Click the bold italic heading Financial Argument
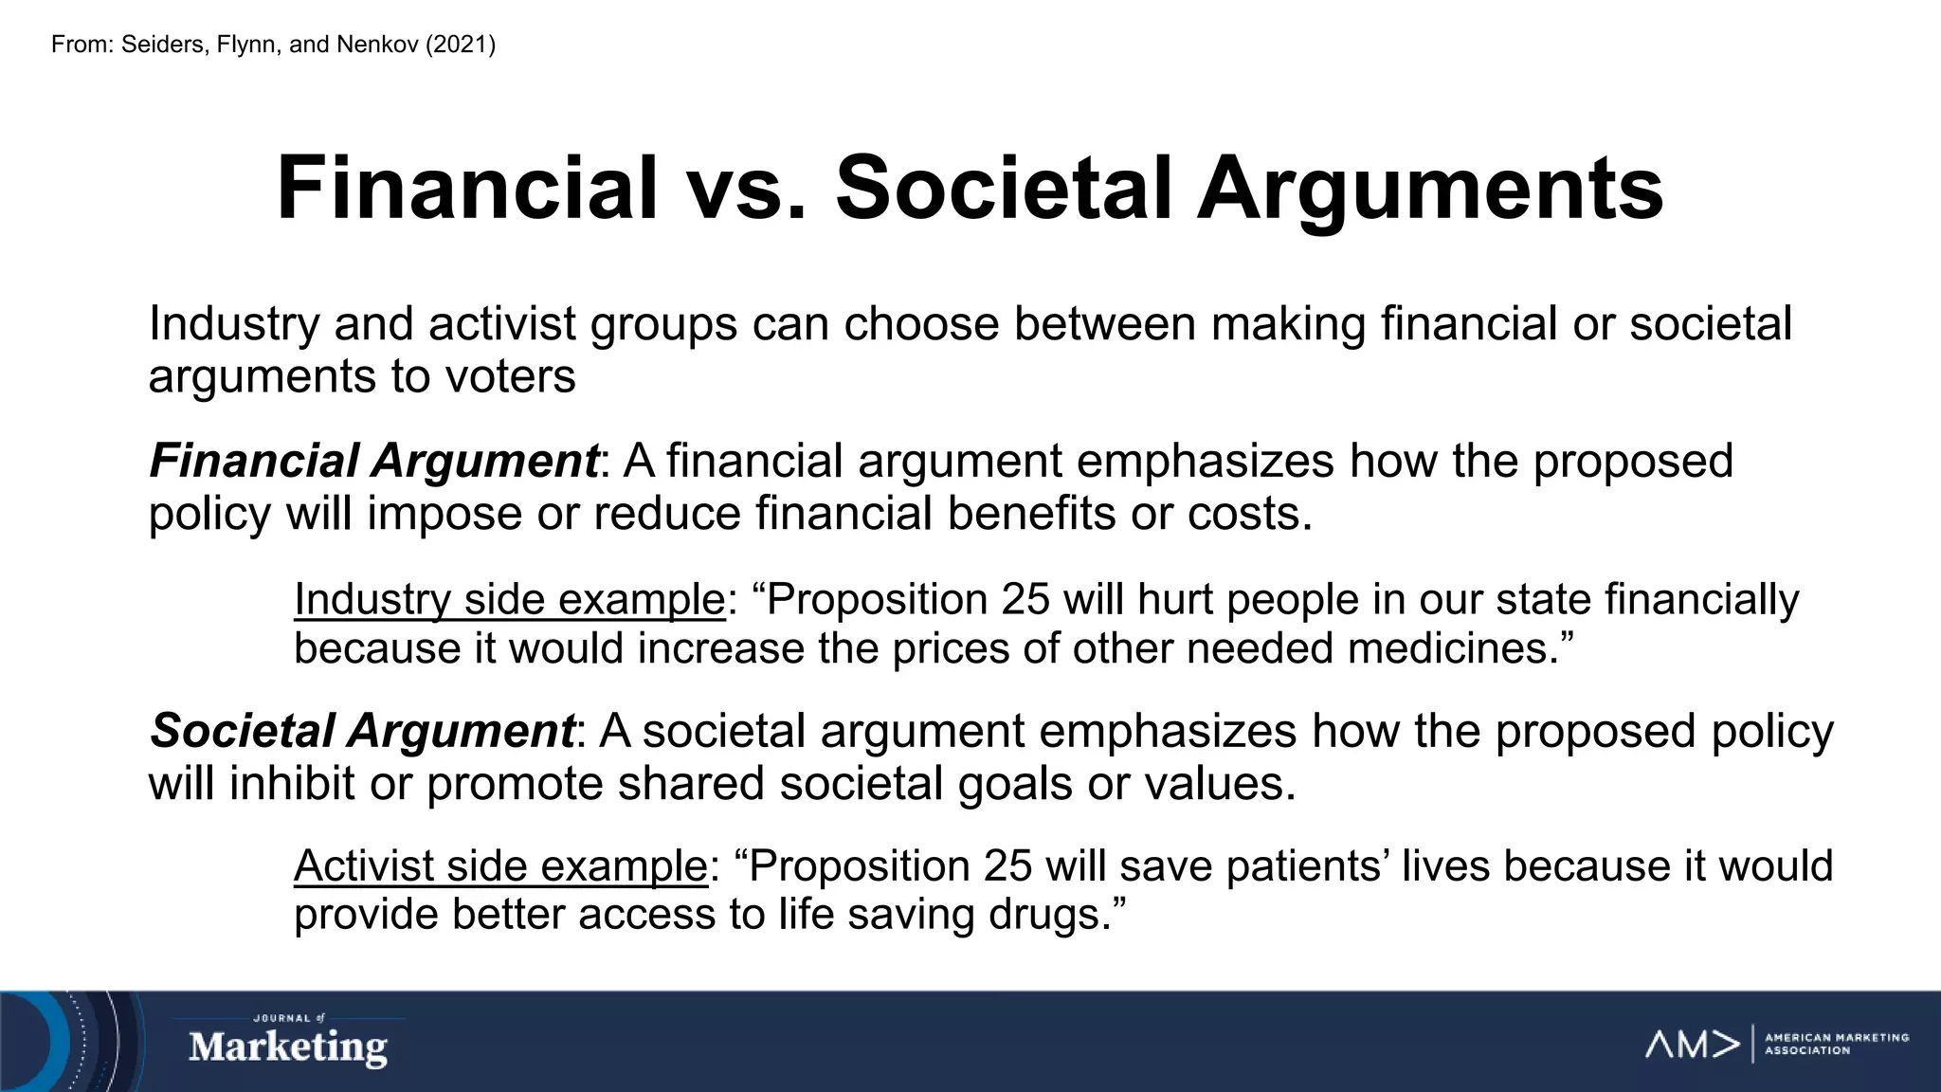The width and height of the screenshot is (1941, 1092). click(373, 462)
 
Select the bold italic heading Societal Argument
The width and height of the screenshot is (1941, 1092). click(362, 731)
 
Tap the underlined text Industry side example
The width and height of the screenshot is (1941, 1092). click(509, 600)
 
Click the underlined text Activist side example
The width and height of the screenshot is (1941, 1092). click(500, 866)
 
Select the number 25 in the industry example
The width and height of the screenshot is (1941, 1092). click(1025, 600)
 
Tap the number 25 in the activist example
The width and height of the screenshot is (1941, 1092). click(1009, 866)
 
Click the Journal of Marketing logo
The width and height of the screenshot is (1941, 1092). click(288, 1042)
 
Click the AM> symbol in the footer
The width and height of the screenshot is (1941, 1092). click(1693, 1044)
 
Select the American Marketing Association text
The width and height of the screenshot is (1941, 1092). click(1836, 1044)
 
